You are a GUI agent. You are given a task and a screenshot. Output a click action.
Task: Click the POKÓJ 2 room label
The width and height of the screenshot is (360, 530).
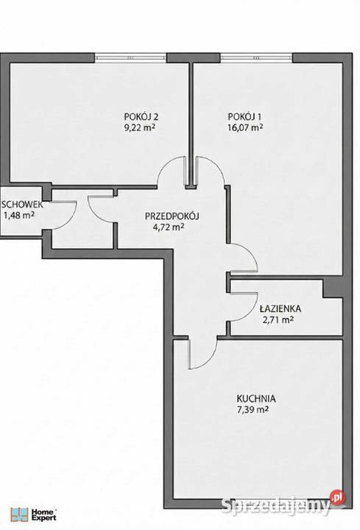(x=141, y=116)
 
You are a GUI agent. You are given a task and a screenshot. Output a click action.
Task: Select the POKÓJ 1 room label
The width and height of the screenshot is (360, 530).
(x=244, y=116)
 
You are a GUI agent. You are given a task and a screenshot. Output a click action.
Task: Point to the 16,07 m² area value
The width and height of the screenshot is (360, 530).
(x=245, y=128)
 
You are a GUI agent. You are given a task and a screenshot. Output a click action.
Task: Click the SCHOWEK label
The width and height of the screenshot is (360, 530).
(x=22, y=205)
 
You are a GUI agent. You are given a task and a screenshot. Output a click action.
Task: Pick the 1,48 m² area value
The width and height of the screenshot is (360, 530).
(x=19, y=215)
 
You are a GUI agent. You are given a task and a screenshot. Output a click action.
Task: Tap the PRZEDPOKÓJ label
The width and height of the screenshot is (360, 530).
(x=172, y=216)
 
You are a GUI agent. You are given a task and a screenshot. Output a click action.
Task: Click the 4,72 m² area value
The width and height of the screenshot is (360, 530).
(x=169, y=227)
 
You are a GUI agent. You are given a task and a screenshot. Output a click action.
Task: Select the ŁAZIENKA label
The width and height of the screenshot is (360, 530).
(x=280, y=308)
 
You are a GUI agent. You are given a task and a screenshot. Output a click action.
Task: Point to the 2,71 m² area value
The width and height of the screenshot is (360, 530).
(x=278, y=319)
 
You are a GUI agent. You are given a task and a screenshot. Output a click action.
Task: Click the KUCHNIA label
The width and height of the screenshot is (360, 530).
(x=256, y=399)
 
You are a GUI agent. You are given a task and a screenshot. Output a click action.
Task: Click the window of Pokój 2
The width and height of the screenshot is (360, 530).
(x=130, y=57)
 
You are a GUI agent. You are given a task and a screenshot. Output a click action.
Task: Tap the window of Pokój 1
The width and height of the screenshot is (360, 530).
(x=256, y=57)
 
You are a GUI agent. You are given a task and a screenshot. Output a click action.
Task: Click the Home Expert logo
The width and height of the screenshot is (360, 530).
(x=33, y=514)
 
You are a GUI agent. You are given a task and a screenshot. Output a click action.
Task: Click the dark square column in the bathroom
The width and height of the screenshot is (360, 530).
(x=333, y=288)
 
